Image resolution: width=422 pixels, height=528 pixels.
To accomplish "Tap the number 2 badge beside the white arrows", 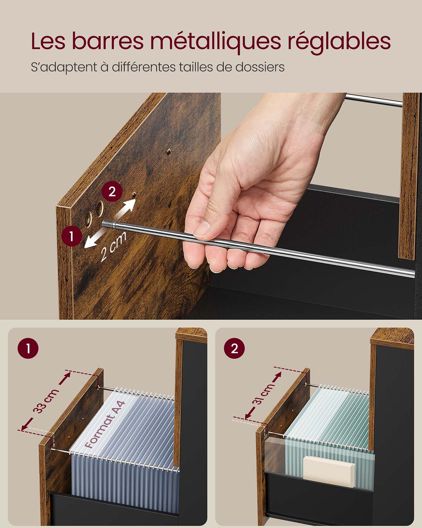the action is [112, 191].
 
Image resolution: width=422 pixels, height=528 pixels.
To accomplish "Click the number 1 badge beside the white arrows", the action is [72, 236].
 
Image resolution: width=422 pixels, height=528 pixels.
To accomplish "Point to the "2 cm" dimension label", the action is [113, 246].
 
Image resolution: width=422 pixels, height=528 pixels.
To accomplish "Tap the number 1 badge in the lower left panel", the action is [28, 348].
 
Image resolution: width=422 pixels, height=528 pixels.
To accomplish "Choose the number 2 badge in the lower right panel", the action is [234, 348].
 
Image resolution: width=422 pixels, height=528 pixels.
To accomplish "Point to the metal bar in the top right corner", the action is [373, 100].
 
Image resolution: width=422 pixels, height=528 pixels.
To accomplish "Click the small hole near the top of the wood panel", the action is [169, 152].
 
